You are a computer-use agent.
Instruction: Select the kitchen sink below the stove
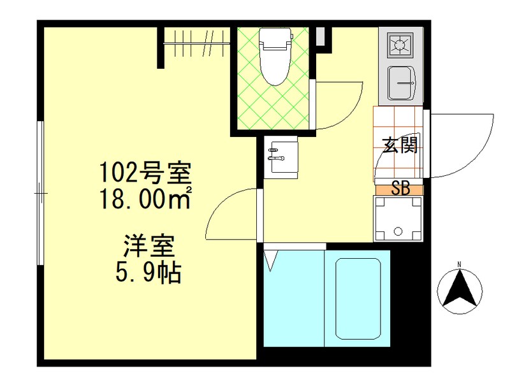click(401, 83)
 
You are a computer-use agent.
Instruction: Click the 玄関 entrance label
click(400, 145)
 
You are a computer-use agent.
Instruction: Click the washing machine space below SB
click(399, 219)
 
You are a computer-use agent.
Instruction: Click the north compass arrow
click(460, 291)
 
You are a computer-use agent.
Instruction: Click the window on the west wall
click(40, 191)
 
